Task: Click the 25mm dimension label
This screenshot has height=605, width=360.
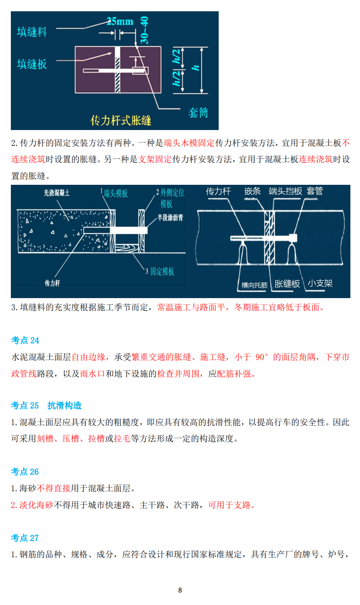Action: coord(120,21)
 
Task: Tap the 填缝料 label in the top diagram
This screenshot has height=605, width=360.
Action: coord(32,32)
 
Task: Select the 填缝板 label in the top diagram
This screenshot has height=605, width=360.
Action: coord(32,64)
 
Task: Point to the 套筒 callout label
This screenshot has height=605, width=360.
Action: coord(198,112)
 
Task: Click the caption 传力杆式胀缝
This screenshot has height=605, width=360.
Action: coord(121,120)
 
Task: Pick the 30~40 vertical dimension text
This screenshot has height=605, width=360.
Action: coord(144,30)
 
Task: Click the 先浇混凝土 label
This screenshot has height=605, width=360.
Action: coord(57,193)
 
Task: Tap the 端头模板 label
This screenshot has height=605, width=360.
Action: coord(115,193)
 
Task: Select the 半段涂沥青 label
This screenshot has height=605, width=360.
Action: coord(170,217)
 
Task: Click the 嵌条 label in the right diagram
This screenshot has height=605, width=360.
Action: coord(253,191)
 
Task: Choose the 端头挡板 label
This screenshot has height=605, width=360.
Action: coord(286,191)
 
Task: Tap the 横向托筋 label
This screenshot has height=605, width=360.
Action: coord(254,285)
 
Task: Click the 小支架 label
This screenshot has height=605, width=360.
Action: coord(320,283)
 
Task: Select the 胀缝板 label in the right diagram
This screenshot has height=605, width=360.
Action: coord(287,284)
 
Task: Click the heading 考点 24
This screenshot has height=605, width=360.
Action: coord(25,340)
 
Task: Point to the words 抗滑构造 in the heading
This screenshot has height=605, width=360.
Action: coord(64,406)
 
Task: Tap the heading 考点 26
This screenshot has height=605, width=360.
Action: coord(25,472)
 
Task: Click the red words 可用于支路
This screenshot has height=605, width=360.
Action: coord(231,505)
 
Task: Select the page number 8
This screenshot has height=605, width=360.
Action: coord(180,590)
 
